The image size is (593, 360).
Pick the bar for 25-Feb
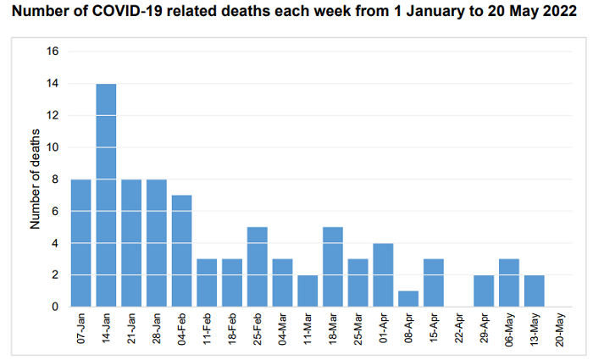tap(258, 267)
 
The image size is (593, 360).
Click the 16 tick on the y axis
tap(53, 52)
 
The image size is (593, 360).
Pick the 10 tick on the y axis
tap(53, 147)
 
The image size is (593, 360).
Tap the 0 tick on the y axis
tap(56, 307)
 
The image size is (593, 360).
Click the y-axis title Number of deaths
tap(36, 180)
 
